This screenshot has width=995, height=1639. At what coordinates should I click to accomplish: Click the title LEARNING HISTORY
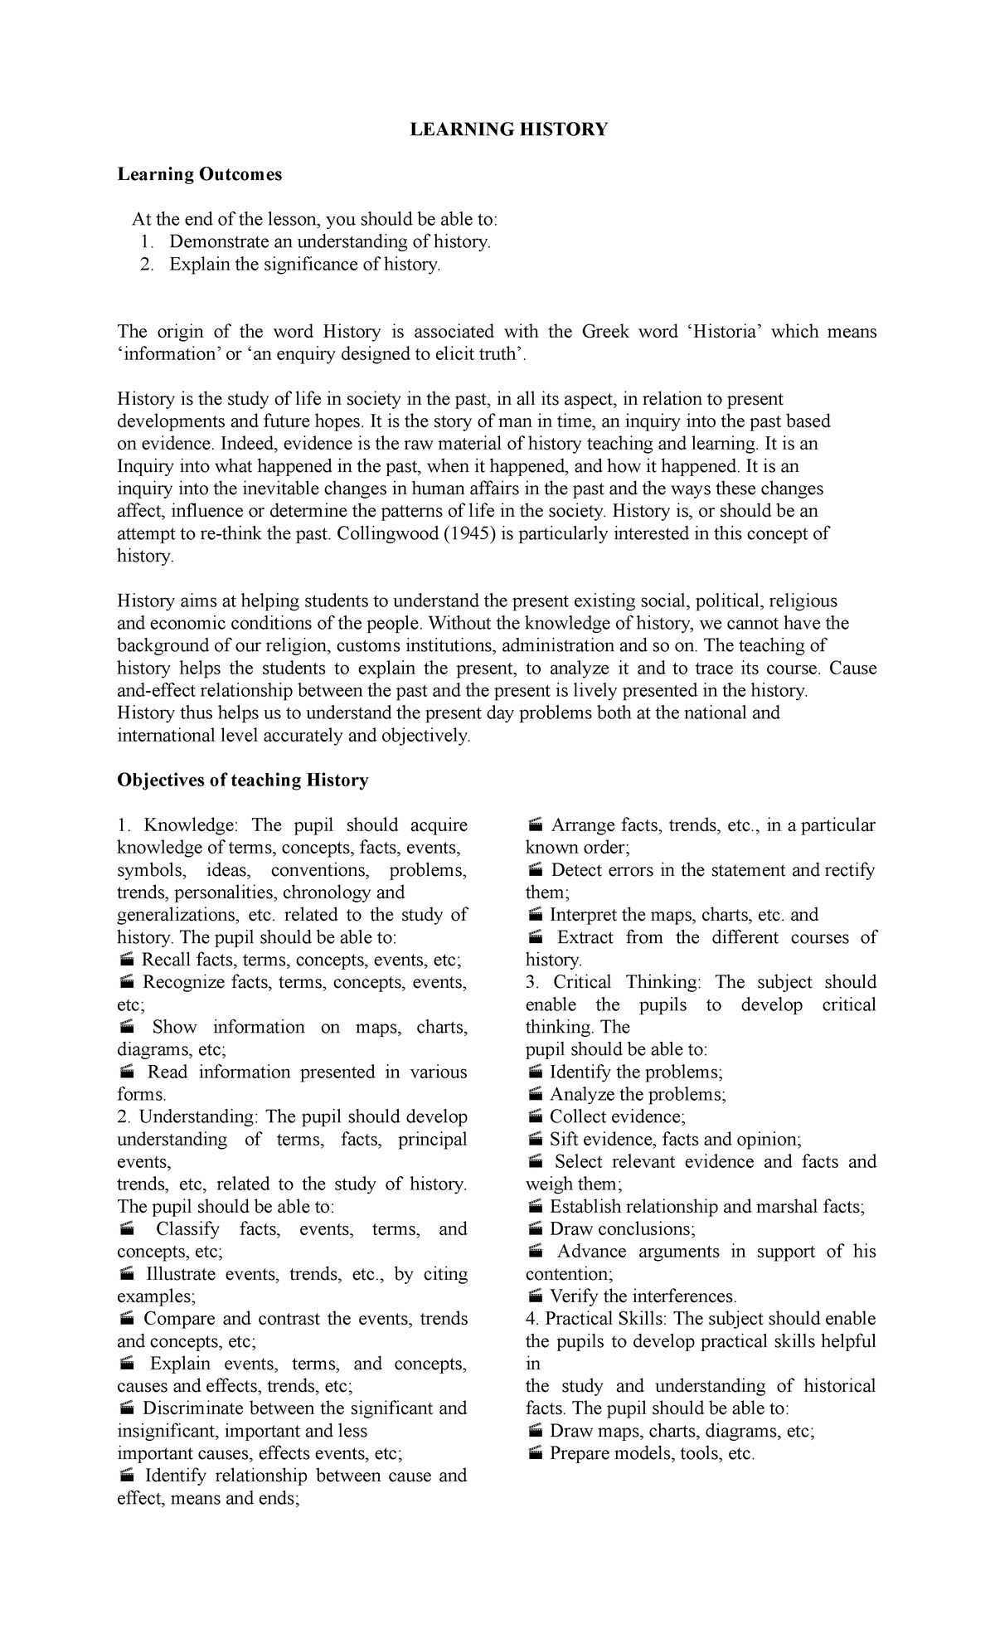point(509,129)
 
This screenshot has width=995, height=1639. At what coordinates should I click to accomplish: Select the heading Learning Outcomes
point(199,174)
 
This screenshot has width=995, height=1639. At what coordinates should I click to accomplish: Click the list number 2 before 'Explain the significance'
point(147,265)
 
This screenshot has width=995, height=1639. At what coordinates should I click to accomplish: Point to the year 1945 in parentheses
point(460,533)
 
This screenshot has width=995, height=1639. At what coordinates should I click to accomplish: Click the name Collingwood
point(388,533)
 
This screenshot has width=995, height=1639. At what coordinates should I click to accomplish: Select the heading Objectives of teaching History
point(242,780)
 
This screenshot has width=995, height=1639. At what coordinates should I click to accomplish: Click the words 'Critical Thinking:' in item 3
point(626,982)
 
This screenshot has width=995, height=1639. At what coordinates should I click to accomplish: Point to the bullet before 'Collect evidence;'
point(535,1116)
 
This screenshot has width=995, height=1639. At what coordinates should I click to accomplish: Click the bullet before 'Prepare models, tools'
point(535,1452)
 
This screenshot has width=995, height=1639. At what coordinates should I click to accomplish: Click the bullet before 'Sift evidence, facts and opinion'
point(535,1139)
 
